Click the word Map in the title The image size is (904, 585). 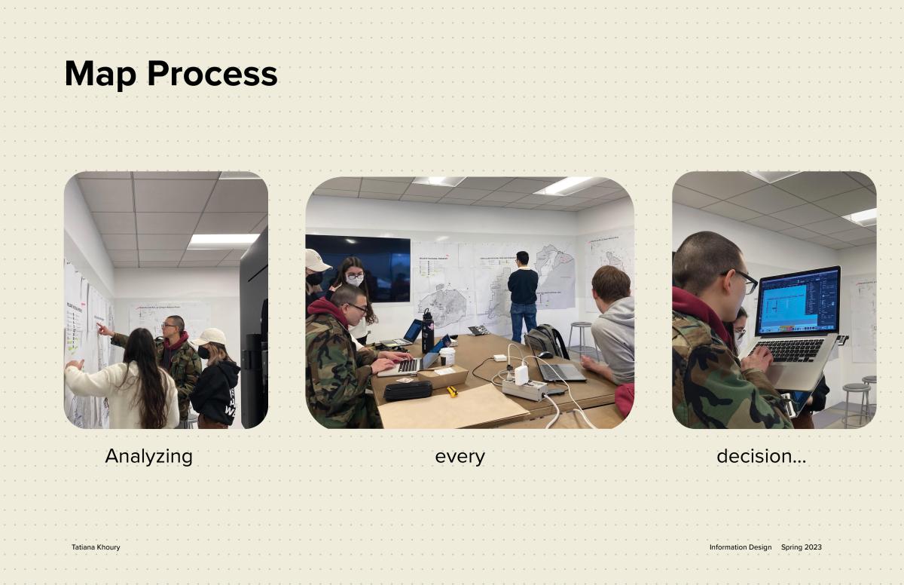(100, 74)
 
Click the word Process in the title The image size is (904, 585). (212, 73)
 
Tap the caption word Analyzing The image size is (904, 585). (149, 457)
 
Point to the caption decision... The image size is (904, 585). (761, 456)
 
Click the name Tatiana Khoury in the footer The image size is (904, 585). (96, 547)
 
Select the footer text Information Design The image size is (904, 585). (741, 547)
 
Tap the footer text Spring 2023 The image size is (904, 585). (801, 547)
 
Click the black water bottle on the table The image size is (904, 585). (428, 331)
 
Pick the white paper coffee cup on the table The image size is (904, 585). (447, 356)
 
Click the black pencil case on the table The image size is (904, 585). (408, 391)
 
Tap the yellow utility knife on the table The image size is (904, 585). (453, 391)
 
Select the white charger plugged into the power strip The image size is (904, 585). (521, 375)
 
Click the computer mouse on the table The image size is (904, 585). (545, 354)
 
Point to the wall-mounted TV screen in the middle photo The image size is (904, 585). (358, 268)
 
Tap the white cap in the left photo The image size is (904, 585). (209, 337)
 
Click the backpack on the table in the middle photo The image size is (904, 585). (546, 340)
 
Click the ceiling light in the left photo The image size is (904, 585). (223, 241)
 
